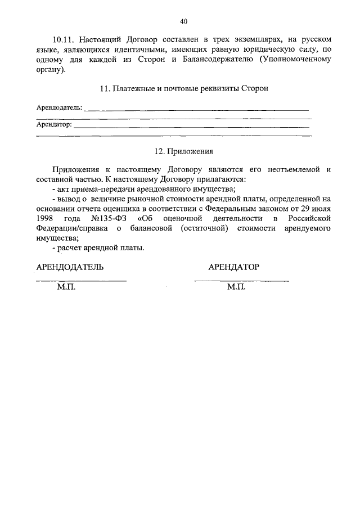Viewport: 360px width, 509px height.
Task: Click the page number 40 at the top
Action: pyautogui.click(x=183, y=21)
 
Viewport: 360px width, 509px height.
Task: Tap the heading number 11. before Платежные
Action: pyautogui.click(x=104, y=89)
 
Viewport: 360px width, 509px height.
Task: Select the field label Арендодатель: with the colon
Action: pyautogui.click(x=58, y=107)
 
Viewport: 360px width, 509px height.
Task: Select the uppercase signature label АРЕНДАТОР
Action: pyautogui.click(x=233, y=267)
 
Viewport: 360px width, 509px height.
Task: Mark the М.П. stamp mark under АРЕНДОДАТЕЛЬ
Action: pyautogui.click(x=66, y=287)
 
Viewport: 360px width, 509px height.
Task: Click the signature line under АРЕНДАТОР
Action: pyautogui.click(x=241, y=280)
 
